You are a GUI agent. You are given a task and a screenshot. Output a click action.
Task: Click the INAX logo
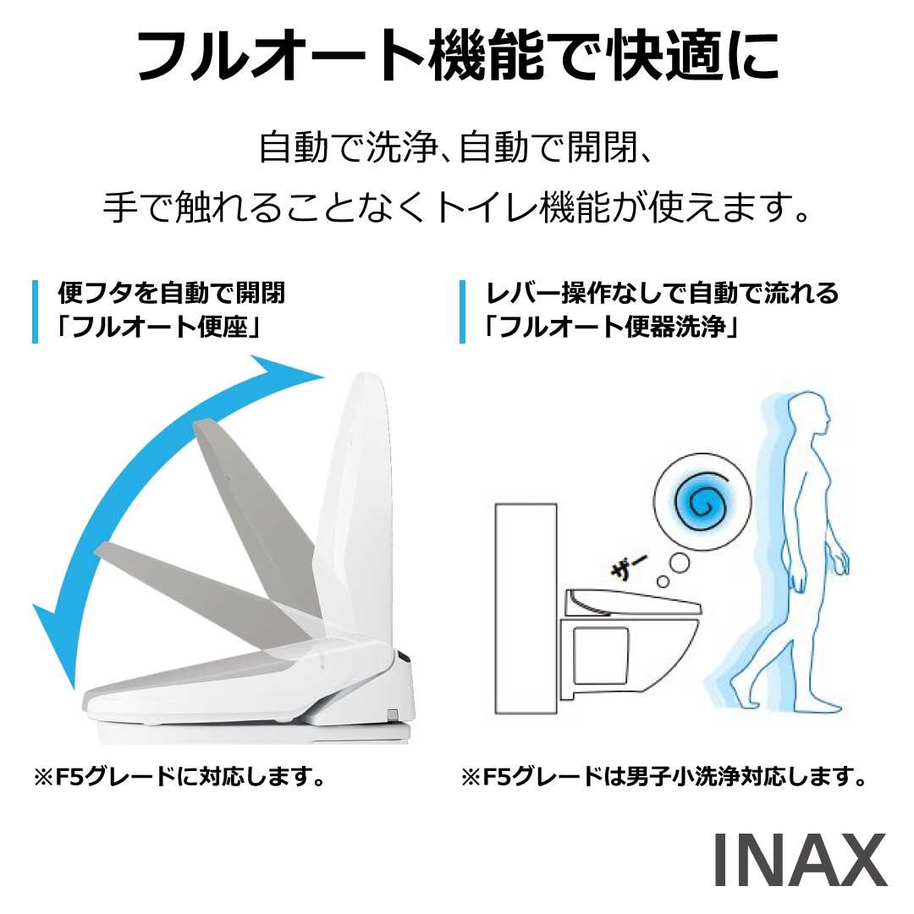coord(800,860)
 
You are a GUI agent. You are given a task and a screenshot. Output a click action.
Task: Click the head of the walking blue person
coord(808,415)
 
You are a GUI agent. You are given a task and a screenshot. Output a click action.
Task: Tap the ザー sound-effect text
coord(627,565)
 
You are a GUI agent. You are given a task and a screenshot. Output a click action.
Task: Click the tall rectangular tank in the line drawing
coord(526,608)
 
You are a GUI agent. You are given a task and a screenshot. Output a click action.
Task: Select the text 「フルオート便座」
coord(157,327)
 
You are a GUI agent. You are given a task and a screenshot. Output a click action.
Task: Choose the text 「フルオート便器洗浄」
coord(610,327)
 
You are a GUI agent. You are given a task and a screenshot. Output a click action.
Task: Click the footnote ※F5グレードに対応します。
coord(179,776)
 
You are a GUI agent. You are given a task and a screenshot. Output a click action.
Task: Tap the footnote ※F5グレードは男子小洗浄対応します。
coord(664,776)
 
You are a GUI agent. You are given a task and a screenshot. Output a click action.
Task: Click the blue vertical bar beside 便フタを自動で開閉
coord(36,311)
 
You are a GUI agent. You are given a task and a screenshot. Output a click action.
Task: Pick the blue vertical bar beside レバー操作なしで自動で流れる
coord(462,311)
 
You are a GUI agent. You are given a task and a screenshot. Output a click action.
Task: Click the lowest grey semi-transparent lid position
coord(198,589)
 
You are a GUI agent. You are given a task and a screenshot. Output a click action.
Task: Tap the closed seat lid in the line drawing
coord(634,603)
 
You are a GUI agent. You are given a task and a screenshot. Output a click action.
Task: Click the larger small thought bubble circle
coord(679,563)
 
